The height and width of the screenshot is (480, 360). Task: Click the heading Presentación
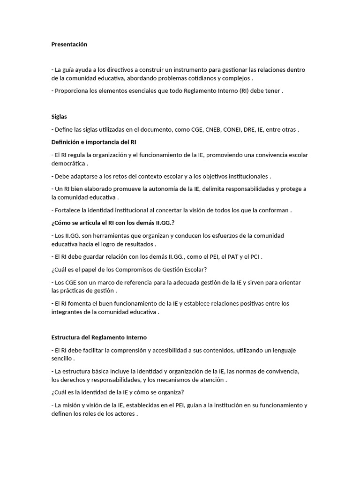[x=69, y=45]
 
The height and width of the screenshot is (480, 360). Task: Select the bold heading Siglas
[x=60, y=117]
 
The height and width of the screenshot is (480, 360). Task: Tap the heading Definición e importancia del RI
[x=94, y=142]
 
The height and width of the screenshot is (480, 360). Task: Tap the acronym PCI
[x=254, y=257]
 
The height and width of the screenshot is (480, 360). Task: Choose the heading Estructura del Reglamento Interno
[x=99, y=337]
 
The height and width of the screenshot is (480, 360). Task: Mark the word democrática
[x=68, y=164]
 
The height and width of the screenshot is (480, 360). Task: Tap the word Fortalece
[x=68, y=210]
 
